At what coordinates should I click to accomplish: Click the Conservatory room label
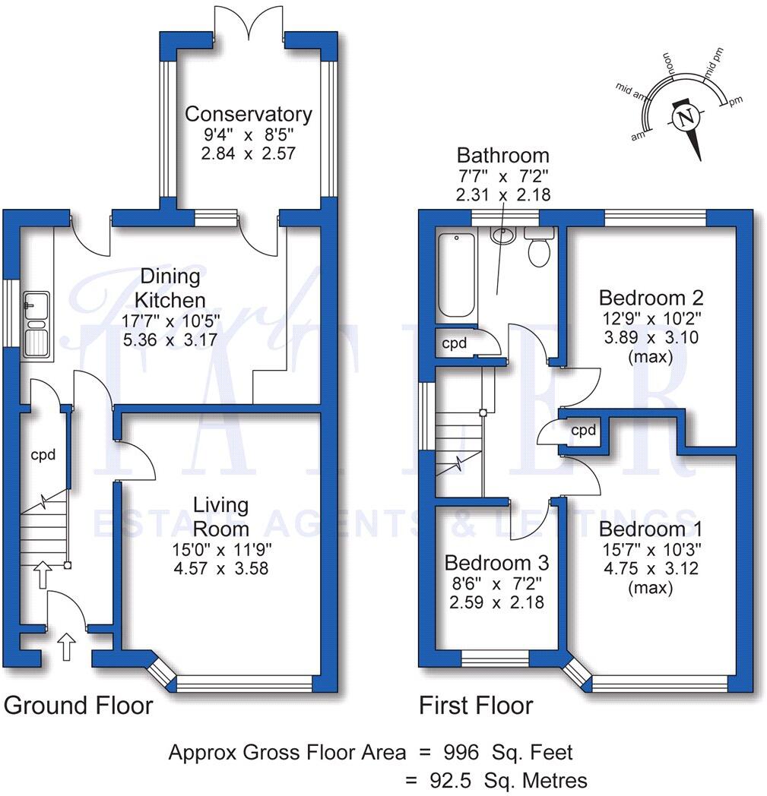(249, 115)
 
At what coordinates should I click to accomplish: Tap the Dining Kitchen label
(164, 288)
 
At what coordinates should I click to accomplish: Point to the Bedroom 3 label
(496, 564)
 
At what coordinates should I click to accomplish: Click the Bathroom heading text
(502, 156)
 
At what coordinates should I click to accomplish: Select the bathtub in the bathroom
(455, 275)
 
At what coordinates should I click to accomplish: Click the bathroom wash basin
(502, 236)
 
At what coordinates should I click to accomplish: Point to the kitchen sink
(36, 323)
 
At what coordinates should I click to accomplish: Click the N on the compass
(686, 118)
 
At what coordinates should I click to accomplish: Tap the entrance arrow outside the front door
(67, 647)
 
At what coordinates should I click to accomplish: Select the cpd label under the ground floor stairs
(42, 456)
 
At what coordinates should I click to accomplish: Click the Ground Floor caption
(78, 706)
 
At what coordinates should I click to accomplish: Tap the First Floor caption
(476, 706)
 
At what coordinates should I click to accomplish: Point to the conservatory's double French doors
(249, 23)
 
